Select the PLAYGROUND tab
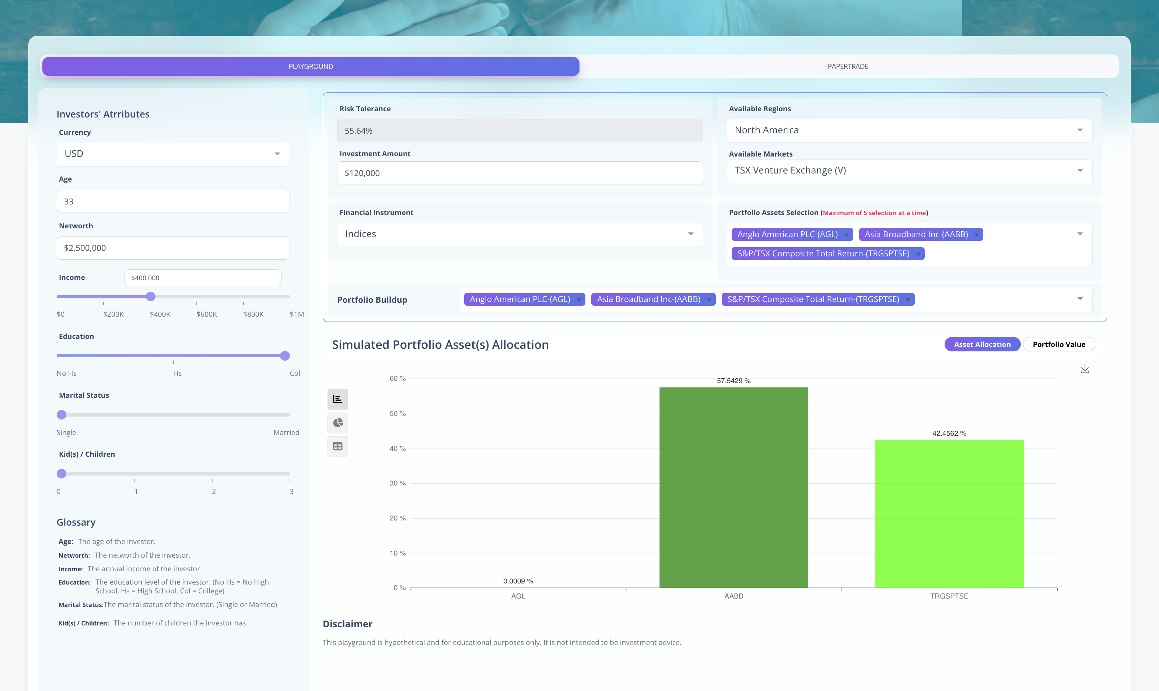(311, 67)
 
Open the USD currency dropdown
(173, 154)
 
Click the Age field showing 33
(173, 201)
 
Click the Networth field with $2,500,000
(173, 248)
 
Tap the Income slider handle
(150, 297)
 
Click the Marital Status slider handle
(62, 415)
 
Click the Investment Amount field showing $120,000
(520, 173)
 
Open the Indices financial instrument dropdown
(520, 234)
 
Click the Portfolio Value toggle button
(1058, 344)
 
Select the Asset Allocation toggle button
(982, 344)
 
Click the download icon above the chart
(1085, 369)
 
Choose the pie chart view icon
(337, 423)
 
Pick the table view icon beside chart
(337, 446)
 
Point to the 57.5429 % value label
(733, 381)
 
